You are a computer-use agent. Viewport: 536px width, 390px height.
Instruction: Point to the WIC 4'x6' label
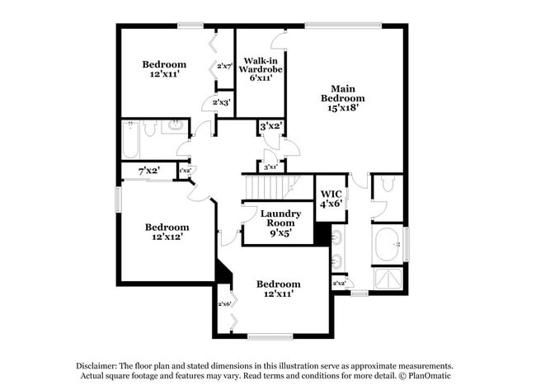click(331, 198)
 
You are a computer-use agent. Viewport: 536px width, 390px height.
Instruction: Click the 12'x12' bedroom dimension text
click(167, 237)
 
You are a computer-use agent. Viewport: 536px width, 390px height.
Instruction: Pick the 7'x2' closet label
click(148, 171)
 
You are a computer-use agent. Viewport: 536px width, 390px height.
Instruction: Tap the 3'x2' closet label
click(271, 127)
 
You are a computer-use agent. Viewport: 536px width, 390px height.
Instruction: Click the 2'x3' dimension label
click(221, 102)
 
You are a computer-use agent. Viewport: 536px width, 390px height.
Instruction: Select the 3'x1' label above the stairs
click(271, 167)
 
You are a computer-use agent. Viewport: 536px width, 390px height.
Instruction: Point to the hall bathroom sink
click(176, 126)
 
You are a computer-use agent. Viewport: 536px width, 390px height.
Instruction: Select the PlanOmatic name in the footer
click(429, 376)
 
